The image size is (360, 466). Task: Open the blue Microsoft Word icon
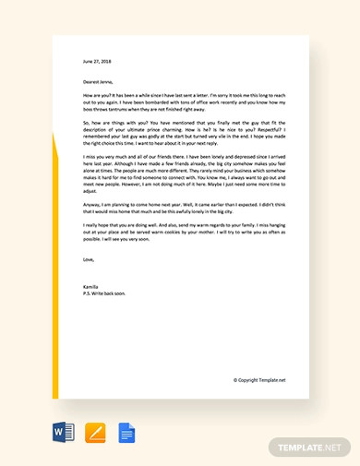[65, 432]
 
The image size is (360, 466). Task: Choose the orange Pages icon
[95, 432]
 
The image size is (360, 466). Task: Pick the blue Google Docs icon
[126, 432]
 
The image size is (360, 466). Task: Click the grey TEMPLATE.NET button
[310, 448]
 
